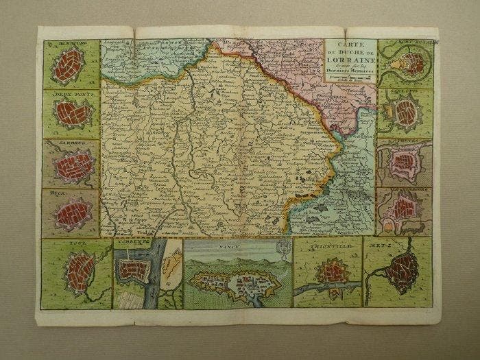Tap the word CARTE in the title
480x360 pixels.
350,44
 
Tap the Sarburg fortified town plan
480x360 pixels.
74,165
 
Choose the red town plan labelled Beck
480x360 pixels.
72,213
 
